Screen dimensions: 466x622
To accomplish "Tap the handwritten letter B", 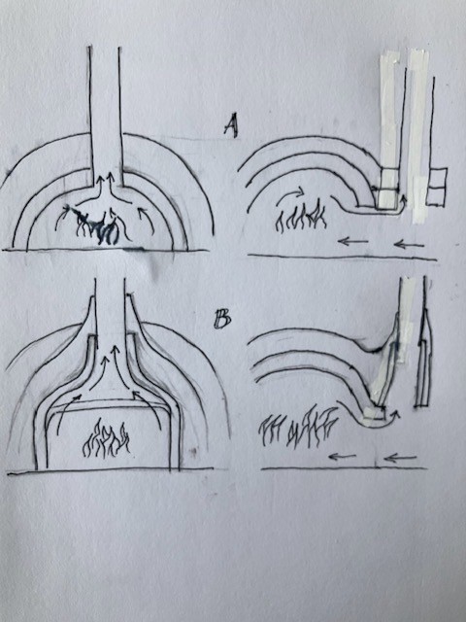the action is point(222,320).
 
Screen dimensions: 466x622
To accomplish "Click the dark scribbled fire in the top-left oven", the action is point(93,225).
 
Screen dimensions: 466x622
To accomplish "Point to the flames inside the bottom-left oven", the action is point(106,438).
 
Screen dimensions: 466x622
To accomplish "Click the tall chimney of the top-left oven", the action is point(105,115).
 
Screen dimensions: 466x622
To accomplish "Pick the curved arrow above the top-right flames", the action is point(290,194).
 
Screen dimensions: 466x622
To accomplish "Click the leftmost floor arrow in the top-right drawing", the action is point(353,241).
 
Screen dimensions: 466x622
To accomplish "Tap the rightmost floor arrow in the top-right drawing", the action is point(409,244).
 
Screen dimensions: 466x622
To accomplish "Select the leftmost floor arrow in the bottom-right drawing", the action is point(343,457).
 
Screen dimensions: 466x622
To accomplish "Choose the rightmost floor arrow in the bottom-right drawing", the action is point(400,458).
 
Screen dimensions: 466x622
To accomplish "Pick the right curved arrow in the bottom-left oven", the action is point(150,408).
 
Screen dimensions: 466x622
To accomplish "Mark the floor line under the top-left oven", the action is point(105,250).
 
